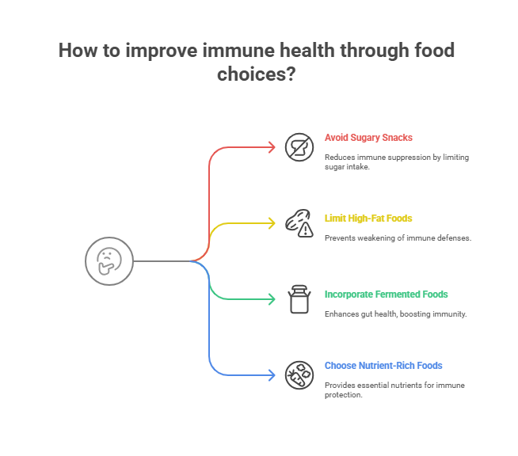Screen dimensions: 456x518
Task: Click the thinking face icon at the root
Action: pyautogui.click(x=105, y=260)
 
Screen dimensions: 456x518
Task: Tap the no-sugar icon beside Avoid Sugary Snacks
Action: pyautogui.click(x=299, y=147)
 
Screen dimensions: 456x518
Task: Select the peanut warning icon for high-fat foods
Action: pyautogui.click(x=299, y=223)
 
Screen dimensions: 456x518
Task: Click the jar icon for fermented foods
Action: pyautogui.click(x=299, y=299)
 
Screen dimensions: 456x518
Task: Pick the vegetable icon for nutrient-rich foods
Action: pyautogui.click(x=299, y=374)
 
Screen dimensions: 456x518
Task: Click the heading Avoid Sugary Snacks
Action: pyautogui.click(x=368, y=138)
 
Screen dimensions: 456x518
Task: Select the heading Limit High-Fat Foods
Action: pyautogui.click(x=368, y=218)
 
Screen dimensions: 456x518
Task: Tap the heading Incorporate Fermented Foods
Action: pyautogui.click(x=386, y=294)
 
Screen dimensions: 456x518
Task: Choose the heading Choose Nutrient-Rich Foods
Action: pyautogui.click(x=383, y=365)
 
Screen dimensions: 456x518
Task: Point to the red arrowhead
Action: pyautogui.click(x=272, y=147)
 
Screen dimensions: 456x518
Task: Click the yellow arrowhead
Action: pyautogui.click(x=272, y=223)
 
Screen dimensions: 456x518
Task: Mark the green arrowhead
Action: pyautogui.click(x=272, y=299)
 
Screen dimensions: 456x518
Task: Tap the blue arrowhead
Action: pyautogui.click(x=272, y=375)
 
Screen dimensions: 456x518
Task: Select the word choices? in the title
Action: pyautogui.click(x=258, y=74)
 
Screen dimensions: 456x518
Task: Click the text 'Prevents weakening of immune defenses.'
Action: pyautogui.click(x=398, y=237)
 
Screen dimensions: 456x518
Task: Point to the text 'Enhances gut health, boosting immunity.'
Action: pyautogui.click(x=395, y=314)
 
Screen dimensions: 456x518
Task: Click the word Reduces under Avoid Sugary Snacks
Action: pyautogui.click(x=340, y=157)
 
